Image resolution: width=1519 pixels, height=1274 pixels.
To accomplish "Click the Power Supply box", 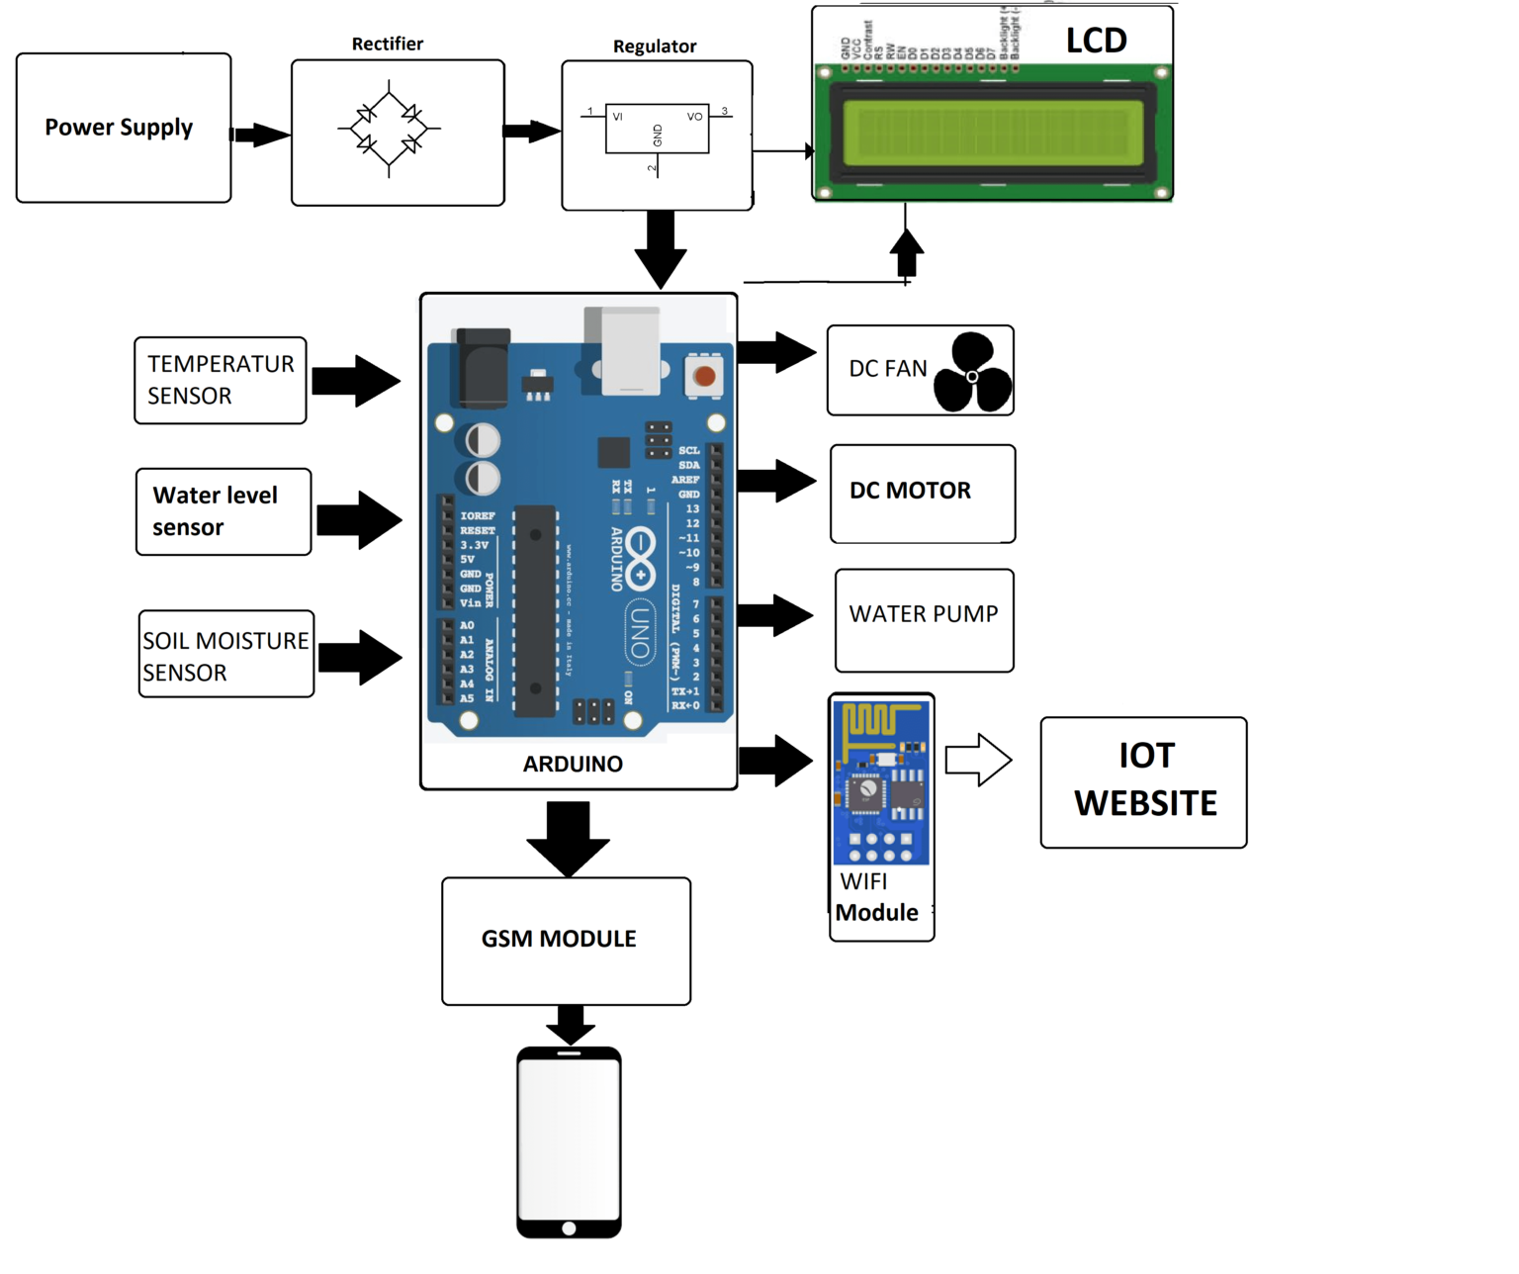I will (124, 129).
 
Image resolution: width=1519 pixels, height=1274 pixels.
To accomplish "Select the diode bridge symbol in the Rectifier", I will (389, 130).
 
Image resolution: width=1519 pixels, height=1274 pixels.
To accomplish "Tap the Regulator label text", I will (655, 46).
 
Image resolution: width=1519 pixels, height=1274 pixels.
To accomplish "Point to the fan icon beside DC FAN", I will (972, 373).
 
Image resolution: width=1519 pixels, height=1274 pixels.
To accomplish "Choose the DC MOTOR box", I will (923, 494).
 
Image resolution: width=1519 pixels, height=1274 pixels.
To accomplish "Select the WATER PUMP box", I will (925, 620).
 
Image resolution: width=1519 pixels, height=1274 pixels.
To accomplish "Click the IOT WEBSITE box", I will (1144, 782).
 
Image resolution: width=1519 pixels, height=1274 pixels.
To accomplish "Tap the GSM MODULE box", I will (566, 941).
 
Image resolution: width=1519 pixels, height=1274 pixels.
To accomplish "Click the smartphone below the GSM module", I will (569, 1142).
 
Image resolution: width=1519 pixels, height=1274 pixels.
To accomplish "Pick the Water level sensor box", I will (223, 511).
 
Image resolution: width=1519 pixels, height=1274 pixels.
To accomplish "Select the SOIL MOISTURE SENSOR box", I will (226, 654).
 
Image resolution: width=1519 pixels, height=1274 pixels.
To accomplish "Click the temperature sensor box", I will (221, 381).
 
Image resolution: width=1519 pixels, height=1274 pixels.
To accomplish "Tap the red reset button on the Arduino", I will (704, 376).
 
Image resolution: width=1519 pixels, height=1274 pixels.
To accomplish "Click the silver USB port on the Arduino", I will (629, 351).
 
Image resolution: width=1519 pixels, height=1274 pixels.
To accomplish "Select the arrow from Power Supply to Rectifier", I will (260, 135).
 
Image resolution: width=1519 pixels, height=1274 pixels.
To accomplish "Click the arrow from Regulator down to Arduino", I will (661, 248).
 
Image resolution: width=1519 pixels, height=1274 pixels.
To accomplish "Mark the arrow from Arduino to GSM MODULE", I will (568, 838).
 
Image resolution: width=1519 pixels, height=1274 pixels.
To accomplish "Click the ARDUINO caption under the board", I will (573, 765).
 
